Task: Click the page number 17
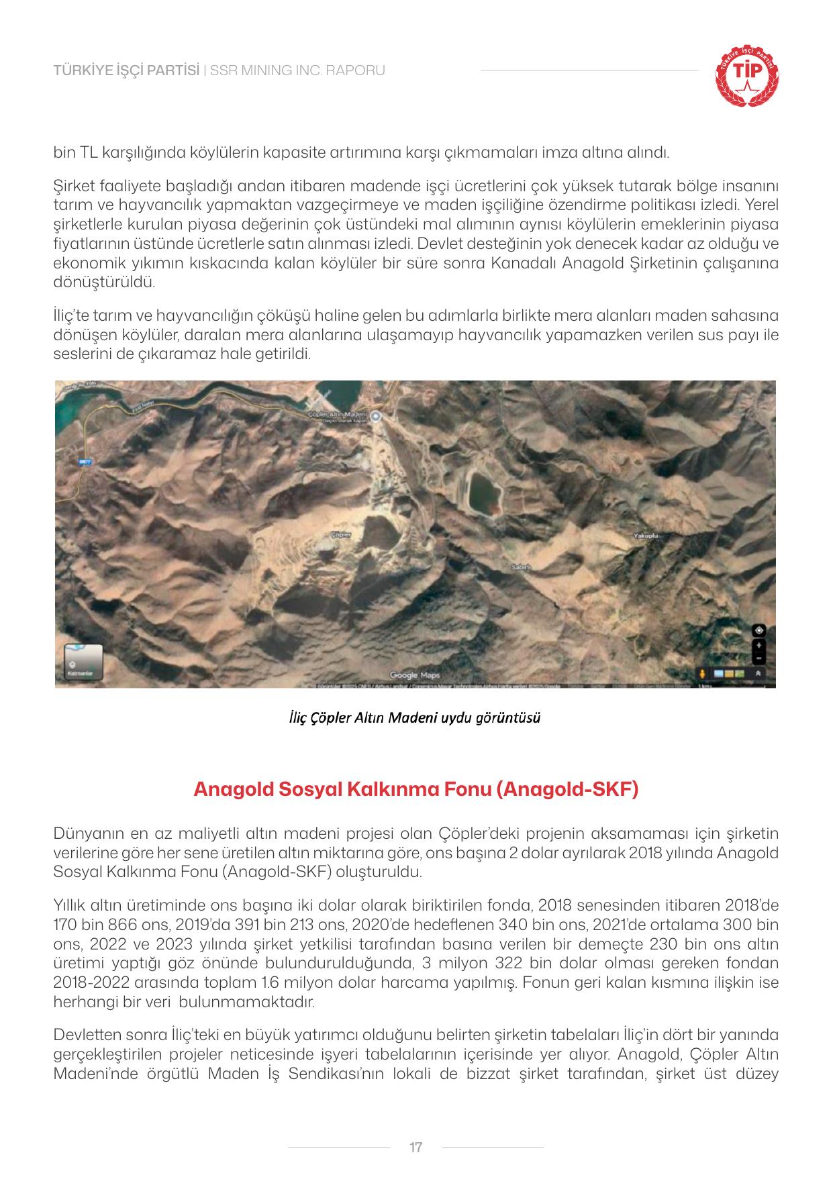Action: click(x=415, y=1147)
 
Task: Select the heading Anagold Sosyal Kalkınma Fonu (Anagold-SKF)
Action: click(x=415, y=788)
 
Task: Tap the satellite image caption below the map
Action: click(x=415, y=717)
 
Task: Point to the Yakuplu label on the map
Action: click(x=647, y=536)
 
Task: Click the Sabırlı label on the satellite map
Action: click(x=522, y=567)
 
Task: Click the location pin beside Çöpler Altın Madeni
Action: click(x=377, y=416)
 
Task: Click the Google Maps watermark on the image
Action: click(x=415, y=675)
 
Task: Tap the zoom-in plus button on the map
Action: click(x=758, y=645)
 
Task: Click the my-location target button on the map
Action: click(x=758, y=630)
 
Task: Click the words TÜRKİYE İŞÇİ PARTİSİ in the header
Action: click(x=126, y=70)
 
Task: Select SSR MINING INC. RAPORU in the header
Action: click(x=297, y=70)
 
